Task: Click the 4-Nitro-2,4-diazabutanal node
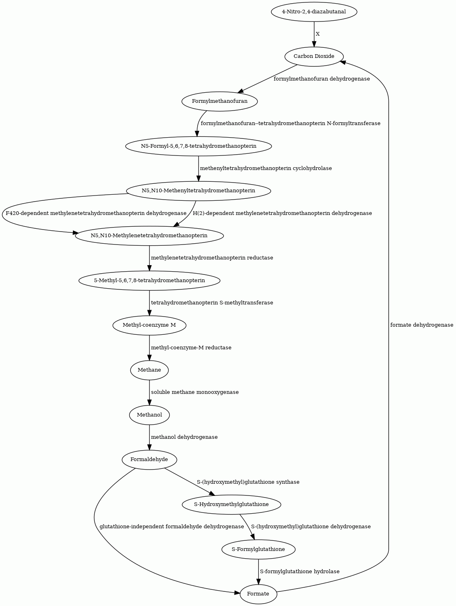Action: (x=314, y=12)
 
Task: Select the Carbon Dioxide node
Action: (x=314, y=57)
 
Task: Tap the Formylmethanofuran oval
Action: (x=219, y=101)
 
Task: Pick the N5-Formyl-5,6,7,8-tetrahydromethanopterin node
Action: (x=198, y=146)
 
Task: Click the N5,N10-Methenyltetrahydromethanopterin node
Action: (x=198, y=191)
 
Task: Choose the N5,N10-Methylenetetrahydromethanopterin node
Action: (x=149, y=236)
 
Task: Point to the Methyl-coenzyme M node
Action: (x=149, y=325)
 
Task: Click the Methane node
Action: (x=149, y=370)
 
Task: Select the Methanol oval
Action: (x=149, y=415)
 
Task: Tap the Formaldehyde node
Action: (x=149, y=459)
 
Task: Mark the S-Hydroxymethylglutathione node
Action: (x=232, y=504)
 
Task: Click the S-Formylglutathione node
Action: (x=258, y=549)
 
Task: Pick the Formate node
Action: (x=258, y=594)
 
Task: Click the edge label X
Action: (x=317, y=34)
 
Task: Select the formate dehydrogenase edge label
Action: (x=422, y=325)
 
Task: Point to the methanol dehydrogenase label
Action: (x=184, y=437)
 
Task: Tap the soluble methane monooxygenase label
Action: (x=195, y=392)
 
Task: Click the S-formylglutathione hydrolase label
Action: (x=300, y=572)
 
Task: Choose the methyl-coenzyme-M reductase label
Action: (x=191, y=348)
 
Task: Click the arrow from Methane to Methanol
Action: (x=149, y=392)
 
